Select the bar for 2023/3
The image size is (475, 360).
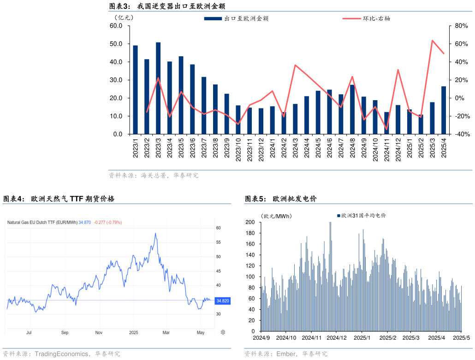[x=158, y=88]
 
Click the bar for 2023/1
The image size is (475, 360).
[x=135, y=90]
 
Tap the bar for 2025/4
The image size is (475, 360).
[x=444, y=110]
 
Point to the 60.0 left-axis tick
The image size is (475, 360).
[x=116, y=26]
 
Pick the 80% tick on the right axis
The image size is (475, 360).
[x=461, y=26]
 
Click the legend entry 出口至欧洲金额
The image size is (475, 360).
[x=237, y=19]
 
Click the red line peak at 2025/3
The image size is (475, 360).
[x=432, y=41]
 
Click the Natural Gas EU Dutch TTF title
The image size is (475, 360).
[x=42, y=222]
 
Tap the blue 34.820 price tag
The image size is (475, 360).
[x=222, y=301]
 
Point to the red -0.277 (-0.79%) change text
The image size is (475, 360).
[x=107, y=222]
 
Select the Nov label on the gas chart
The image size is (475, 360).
[x=99, y=332]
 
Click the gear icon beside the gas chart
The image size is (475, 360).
[x=223, y=332]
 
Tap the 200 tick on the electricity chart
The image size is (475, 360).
[x=250, y=222]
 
